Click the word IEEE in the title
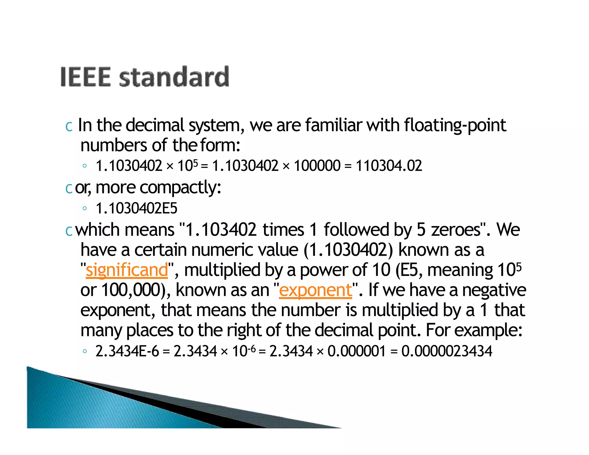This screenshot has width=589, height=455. pyautogui.click(x=85, y=77)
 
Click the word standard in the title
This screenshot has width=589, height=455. pyautogui.click(x=174, y=77)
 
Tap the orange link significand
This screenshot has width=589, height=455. pyautogui.click(x=127, y=270)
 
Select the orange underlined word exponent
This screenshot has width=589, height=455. pyautogui.click(x=315, y=290)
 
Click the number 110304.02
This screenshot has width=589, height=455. pyautogui.click(x=389, y=166)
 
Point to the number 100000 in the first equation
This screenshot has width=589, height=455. pyautogui.click(x=317, y=166)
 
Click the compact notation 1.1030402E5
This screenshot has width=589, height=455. pyautogui.click(x=136, y=208)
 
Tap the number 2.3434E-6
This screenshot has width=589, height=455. pyautogui.click(x=127, y=351)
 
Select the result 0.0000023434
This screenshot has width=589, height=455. pyautogui.click(x=447, y=351)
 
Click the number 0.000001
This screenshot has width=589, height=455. pyautogui.click(x=356, y=351)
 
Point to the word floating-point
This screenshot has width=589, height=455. pyautogui.click(x=455, y=125)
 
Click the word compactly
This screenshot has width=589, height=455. pyautogui.click(x=180, y=188)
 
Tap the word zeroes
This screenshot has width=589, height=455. pyautogui.click(x=456, y=230)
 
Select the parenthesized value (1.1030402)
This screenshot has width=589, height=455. pyautogui.click(x=348, y=250)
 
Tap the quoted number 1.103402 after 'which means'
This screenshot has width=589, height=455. pyautogui.click(x=221, y=230)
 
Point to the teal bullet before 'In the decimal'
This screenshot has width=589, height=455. pyautogui.click(x=69, y=126)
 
